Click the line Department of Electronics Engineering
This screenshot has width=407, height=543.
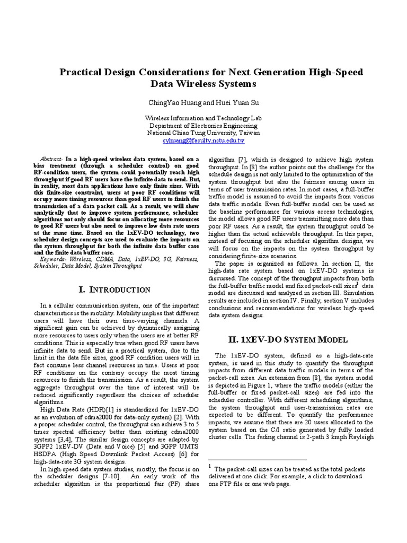(203, 126)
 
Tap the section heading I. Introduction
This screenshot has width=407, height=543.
(114, 290)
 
